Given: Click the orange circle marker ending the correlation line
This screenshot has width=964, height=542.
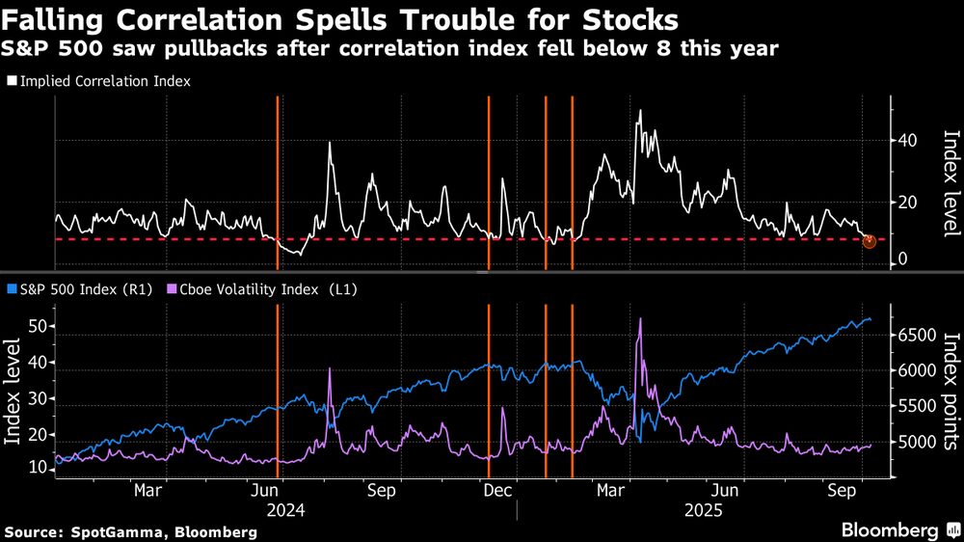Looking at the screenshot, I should tap(869, 240).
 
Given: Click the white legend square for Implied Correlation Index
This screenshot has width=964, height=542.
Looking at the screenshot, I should tap(11, 82).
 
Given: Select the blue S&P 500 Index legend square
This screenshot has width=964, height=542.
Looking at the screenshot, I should tap(11, 288).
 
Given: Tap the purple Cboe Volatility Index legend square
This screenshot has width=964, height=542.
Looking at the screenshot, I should tap(173, 288).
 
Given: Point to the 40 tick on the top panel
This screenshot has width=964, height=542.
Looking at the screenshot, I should tap(907, 140).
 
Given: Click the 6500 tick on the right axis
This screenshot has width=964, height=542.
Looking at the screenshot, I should tap(913, 335).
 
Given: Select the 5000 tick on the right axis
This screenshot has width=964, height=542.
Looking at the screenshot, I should tap(913, 443).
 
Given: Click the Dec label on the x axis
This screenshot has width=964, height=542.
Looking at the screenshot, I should tap(496, 490).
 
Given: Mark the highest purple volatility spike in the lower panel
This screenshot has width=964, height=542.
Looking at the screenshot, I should tap(639, 319).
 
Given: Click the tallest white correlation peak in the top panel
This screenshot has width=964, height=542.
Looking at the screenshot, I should tap(639, 111).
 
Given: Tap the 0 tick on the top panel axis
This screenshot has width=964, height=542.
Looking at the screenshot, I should tap(902, 258).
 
